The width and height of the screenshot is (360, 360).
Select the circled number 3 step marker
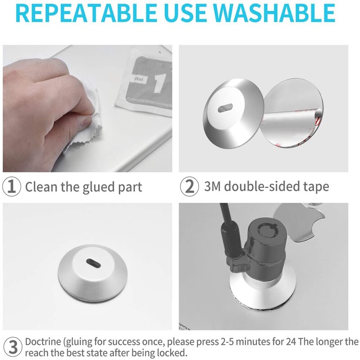coord(12,347)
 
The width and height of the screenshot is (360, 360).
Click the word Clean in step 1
coord(41,187)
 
